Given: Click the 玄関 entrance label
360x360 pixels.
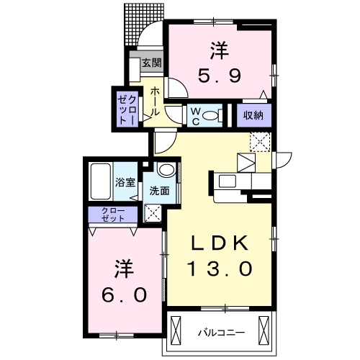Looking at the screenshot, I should [x=150, y=63].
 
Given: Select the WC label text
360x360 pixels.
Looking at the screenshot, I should [x=194, y=115].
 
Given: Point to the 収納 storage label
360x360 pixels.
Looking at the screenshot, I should [x=252, y=114].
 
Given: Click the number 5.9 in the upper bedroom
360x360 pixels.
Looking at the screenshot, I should [x=220, y=74].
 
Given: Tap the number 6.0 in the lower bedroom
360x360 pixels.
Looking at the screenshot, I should [x=125, y=294].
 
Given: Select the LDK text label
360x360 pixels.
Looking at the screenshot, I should [x=220, y=242].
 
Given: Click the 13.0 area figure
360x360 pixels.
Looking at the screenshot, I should [x=220, y=269].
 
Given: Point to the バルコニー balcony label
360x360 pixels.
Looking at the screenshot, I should [x=221, y=333].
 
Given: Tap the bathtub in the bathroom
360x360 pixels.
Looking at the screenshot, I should [x=100, y=181].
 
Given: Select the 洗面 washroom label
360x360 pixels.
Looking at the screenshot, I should [x=160, y=192].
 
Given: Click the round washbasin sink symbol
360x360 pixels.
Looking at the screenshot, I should [x=166, y=171].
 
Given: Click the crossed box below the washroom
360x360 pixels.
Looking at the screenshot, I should [x=153, y=212].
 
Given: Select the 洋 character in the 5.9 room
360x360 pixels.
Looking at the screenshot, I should [x=220, y=50].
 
